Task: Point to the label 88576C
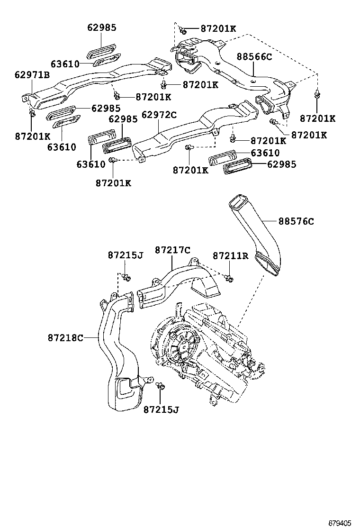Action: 296,221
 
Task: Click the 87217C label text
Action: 172,249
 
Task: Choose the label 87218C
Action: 65,338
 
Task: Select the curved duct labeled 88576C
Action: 258,237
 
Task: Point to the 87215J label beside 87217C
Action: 125,255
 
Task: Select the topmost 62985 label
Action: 102,27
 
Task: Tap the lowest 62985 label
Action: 282,164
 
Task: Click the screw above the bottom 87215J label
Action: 160,386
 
